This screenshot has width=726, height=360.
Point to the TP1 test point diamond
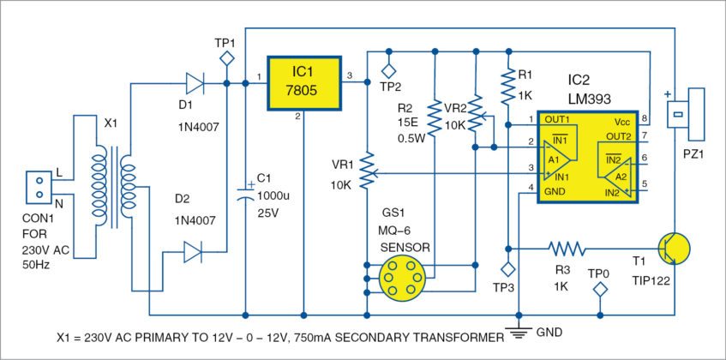click(x=227, y=59)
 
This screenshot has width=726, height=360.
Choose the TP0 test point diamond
click(x=600, y=291)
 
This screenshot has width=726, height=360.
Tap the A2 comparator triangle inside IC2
click(x=615, y=177)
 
